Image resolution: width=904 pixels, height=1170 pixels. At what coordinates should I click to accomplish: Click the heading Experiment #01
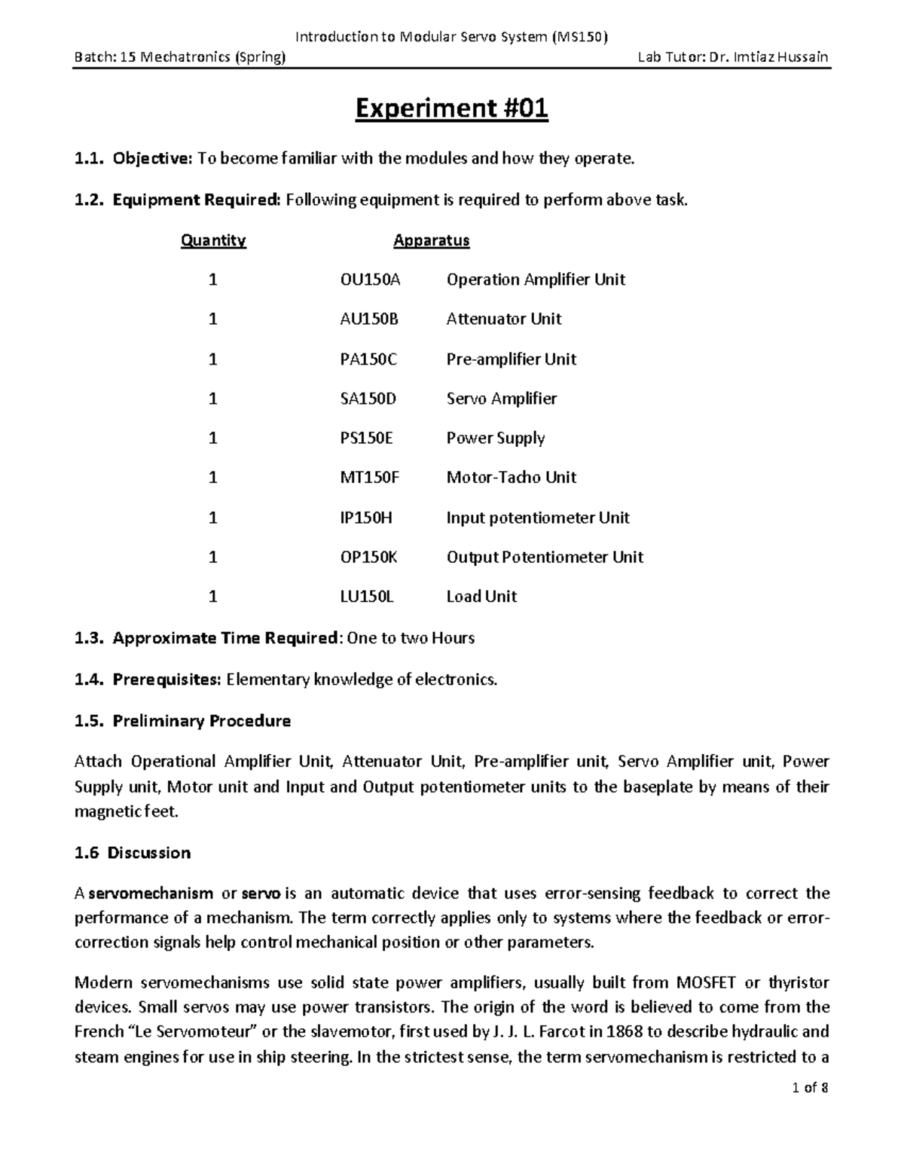451,110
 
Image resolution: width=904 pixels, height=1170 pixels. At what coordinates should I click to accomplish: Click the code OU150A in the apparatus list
371,280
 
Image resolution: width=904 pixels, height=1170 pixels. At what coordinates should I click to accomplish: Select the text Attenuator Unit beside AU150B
503,319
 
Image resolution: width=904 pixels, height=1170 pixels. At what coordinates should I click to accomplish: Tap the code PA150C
368,359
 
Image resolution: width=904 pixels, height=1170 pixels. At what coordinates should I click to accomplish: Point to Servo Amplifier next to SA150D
501,399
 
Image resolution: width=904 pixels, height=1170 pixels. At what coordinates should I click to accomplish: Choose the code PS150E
367,438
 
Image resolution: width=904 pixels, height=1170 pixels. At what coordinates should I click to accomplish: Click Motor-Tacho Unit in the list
511,478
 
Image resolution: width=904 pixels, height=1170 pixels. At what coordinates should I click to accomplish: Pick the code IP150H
366,518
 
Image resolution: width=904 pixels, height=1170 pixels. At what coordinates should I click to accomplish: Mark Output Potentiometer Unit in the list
545,558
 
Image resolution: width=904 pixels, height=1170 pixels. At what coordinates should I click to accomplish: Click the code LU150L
367,597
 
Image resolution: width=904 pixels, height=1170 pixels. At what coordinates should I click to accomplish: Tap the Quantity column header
213,240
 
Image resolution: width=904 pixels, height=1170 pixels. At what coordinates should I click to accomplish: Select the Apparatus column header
431,240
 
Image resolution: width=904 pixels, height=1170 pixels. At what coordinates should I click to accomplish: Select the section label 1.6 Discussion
133,853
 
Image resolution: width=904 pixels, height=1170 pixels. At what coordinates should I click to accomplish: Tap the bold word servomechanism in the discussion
151,894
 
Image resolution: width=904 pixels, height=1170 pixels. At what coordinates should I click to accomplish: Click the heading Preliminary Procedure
201,721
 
